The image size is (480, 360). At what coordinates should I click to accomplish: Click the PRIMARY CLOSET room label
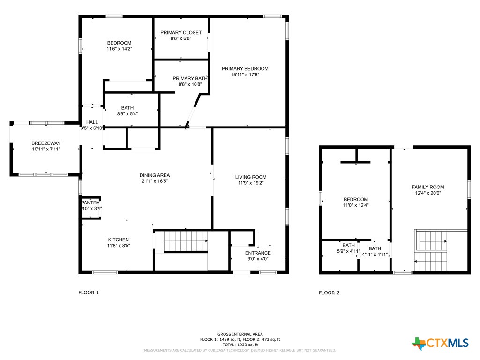pos(181,33)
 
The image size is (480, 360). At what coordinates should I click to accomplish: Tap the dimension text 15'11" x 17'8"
pos(245,75)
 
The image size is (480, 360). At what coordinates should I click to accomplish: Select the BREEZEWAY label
pos(46,143)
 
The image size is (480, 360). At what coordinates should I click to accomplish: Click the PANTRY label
pos(90,203)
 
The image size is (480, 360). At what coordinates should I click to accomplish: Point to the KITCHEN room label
pos(119,240)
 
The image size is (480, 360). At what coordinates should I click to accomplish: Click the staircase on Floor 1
pos(185,242)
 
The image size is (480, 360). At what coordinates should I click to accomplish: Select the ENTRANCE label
pos(258,253)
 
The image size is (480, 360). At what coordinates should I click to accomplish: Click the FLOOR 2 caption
pos(329,293)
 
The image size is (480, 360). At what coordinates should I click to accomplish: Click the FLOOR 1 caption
pos(89,292)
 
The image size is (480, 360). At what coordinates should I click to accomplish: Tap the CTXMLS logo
pos(440,344)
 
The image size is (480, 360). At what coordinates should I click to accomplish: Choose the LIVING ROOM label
pos(251,177)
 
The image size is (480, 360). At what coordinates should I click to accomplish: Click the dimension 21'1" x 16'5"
pos(155,181)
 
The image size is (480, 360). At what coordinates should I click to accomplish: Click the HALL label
pos(92,122)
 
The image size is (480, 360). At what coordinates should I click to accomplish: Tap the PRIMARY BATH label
pos(189,79)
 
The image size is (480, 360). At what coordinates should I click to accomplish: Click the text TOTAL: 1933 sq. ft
pos(240,345)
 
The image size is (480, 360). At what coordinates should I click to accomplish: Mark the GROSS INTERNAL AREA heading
pos(240,334)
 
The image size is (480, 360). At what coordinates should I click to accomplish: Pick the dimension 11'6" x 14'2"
pos(119,49)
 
